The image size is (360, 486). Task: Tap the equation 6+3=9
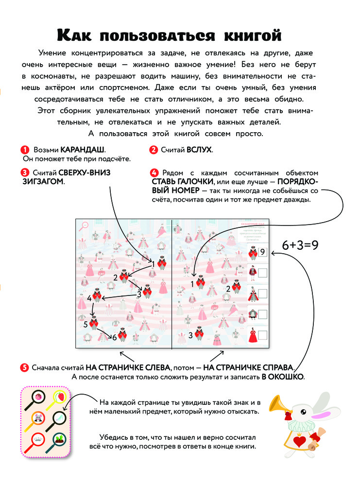300,245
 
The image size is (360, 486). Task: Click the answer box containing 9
262,252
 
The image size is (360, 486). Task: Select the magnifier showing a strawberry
60,397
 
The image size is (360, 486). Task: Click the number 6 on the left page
115,337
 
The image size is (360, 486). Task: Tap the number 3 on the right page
191,335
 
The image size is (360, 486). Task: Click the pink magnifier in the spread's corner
84,225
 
